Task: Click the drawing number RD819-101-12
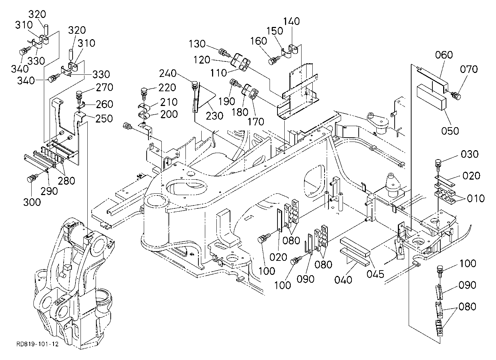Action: point(37,344)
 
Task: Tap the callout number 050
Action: point(450,131)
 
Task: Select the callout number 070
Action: point(469,69)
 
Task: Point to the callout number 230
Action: point(214,116)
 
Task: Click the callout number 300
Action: point(32,202)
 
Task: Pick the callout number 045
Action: point(375,274)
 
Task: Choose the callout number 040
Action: point(343,280)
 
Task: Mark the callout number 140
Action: point(291,21)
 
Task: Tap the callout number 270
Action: point(105,87)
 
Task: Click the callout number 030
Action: point(470,154)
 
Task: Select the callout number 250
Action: point(104,119)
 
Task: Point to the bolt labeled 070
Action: point(456,96)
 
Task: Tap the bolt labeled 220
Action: point(144,93)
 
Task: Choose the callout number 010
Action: point(476,198)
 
